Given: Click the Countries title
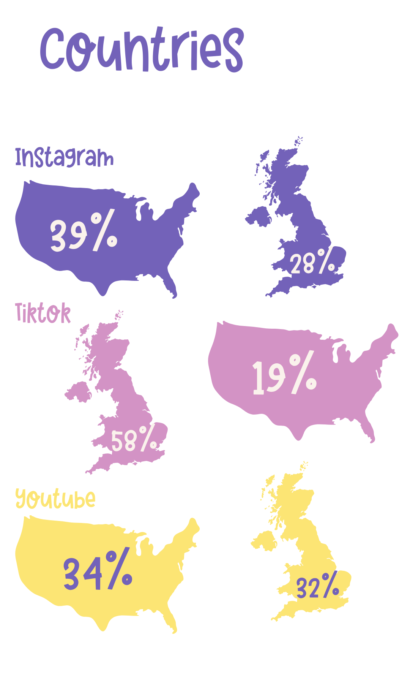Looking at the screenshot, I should click(142, 49).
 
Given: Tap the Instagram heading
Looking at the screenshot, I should click(64, 157).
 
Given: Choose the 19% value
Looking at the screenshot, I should click(284, 373).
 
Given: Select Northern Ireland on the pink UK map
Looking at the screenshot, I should click(78, 392).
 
